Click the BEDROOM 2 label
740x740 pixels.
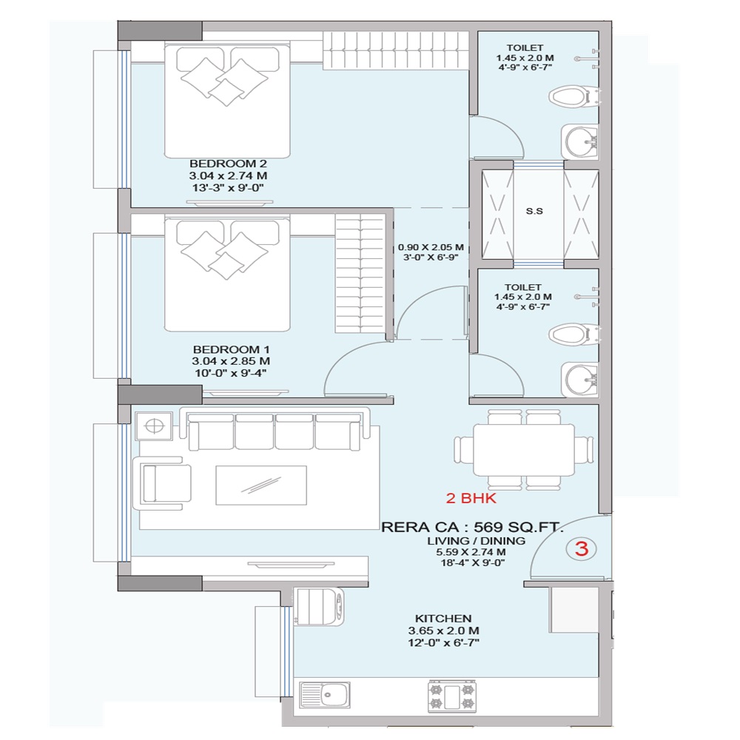228,164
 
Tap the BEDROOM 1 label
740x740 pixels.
231,350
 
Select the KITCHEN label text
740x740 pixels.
443,618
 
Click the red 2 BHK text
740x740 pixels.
471,498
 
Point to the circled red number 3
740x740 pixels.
582,548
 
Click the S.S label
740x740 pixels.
534,211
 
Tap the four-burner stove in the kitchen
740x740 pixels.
452,696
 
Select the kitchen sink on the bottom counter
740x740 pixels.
325,695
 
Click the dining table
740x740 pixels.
524,450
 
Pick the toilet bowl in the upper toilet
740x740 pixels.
573,97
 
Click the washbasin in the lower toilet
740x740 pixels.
580,380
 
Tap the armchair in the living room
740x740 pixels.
162,482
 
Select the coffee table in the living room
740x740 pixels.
261,485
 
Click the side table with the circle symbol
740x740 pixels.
153,425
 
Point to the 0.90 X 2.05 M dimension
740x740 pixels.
431,247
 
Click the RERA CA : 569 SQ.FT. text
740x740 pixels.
471,527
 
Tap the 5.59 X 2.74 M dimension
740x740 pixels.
471,552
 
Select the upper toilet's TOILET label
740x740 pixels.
525,47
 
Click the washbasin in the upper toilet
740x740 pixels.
580,141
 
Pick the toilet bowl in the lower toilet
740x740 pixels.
573,334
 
